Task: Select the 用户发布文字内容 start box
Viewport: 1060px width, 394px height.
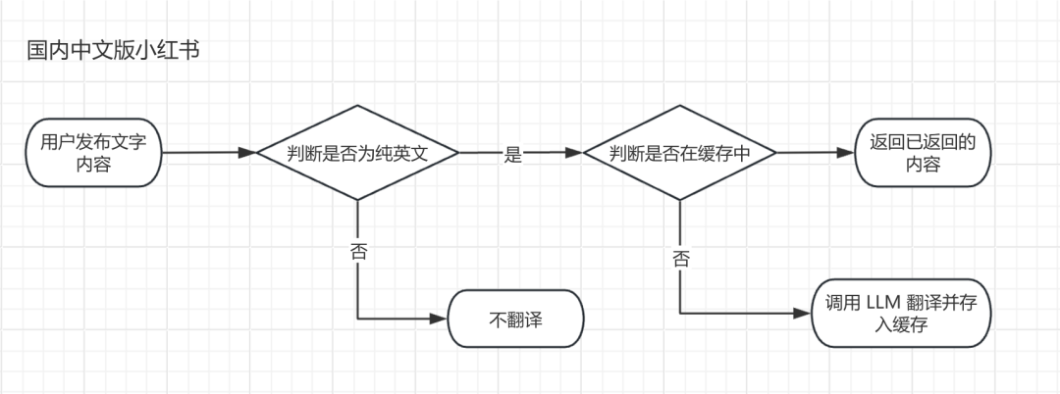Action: (94, 153)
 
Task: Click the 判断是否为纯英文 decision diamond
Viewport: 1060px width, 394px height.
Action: (357, 153)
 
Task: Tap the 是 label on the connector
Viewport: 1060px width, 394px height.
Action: (511, 154)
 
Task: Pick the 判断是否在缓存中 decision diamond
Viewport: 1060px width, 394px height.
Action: (679, 153)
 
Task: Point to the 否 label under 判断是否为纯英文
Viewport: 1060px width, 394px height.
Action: (358, 251)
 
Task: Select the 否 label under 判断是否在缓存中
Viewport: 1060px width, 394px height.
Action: (680, 259)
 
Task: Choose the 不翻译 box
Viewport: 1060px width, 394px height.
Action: (515, 320)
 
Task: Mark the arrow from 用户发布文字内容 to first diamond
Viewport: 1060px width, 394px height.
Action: (206, 153)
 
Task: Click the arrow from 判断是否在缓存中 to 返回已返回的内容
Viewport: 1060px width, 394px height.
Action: (815, 153)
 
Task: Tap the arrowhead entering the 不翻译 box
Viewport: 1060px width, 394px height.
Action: (441, 319)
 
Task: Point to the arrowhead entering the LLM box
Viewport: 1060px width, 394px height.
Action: (805, 314)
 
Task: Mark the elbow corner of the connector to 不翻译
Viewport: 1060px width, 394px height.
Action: (358, 319)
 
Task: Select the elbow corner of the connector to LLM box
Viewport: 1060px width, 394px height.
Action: (680, 314)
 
